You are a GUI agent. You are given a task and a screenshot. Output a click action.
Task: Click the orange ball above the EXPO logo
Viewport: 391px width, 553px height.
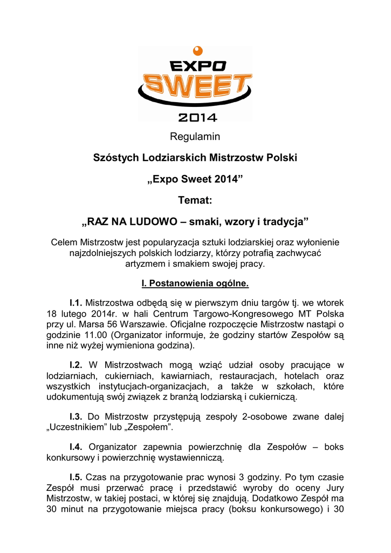[197, 51]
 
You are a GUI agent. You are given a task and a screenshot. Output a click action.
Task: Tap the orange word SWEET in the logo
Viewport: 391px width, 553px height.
[196, 87]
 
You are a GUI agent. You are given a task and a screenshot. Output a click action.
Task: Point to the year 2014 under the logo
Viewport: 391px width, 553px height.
[197, 117]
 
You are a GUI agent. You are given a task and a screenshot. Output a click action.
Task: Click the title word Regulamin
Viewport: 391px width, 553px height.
[195, 137]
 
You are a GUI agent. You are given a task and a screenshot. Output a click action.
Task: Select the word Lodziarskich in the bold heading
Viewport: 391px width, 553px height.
[173, 158]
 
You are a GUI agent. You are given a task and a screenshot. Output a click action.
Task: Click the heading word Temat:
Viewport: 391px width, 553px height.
[195, 200]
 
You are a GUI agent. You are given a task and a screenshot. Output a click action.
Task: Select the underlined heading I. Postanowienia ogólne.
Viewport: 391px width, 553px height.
[195, 283]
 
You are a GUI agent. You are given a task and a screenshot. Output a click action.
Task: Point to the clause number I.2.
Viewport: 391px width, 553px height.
[76, 366]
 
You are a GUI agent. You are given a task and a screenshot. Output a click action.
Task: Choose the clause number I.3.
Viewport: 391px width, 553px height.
[76, 417]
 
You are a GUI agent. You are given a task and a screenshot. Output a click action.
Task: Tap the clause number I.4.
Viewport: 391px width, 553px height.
[76, 447]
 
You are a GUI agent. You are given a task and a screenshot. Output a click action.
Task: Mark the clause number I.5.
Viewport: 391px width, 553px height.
[76, 477]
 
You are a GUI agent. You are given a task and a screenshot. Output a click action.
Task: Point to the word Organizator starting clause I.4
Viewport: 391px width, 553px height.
[114, 447]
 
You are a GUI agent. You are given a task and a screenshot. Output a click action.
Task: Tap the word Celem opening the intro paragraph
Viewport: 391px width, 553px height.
[64, 242]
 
